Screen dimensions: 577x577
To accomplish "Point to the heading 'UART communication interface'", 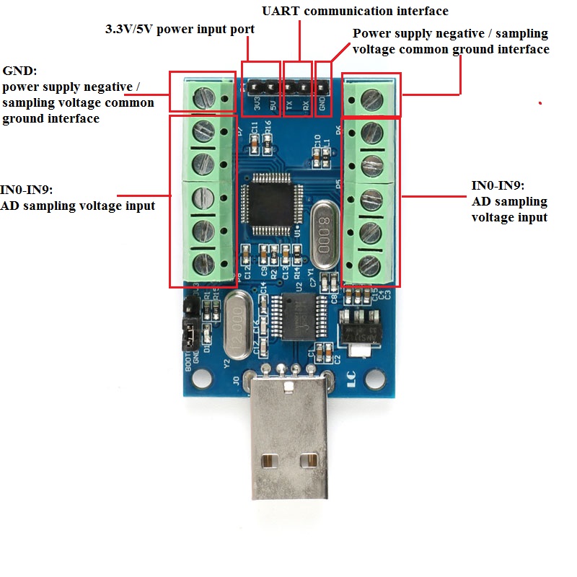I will click(x=354, y=11).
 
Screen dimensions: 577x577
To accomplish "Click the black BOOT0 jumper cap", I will click(x=189, y=334).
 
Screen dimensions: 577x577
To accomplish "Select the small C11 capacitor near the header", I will click(x=254, y=136).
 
